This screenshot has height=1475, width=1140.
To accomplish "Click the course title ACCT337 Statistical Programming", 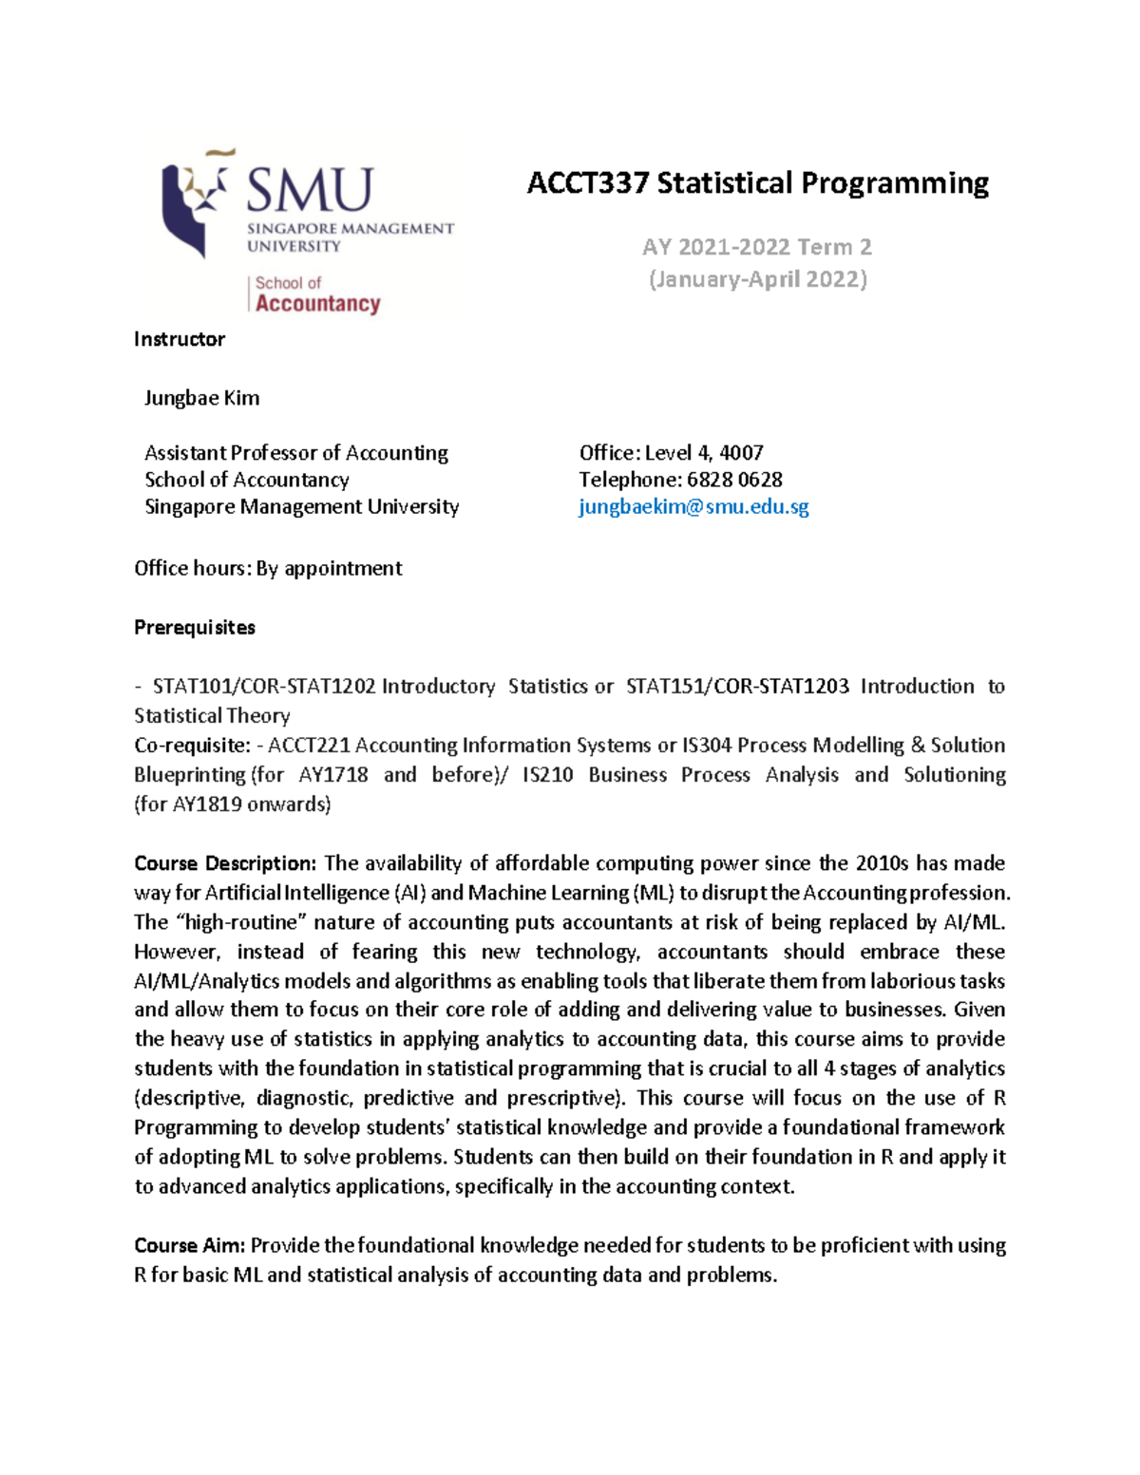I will pyautogui.click(x=757, y=182).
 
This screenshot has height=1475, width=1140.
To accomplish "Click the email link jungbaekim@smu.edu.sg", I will pyautogui.click(x=693, y=506).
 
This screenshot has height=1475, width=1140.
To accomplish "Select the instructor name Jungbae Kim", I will pyautogui.click(x=201, y=398).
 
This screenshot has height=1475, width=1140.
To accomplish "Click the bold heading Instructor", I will pyautogui.click(x=180, y=339).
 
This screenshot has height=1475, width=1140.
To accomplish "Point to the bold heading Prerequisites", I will pyautogui.click(x=195, y=628).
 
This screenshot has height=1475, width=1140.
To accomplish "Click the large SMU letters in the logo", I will pyautogui.click(x=310, y=190).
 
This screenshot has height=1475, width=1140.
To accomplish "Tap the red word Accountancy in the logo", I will pyautogui.click(x=317, y=304).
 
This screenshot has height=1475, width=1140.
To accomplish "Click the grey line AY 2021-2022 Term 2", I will pyautogui.click(x=756, y=247).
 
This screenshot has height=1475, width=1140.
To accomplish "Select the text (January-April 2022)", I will pyautogui.click(x=757, y=279).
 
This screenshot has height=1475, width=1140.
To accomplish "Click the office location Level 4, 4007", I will pyautogui.click(x=704, y=453).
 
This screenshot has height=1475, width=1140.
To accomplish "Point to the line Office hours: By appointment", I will pyautogui.click(x=268, y=568).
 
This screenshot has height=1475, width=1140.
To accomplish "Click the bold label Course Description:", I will pyautogui.click(x=224, y=863).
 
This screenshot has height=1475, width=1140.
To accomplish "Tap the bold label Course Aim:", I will pyautogui.click(x=190, y=1245).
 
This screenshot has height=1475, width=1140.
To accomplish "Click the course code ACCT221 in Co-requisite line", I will pyautogui.click(x=309, y=746).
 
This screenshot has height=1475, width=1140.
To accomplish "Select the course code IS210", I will pyautogui.click(x=547, y=775).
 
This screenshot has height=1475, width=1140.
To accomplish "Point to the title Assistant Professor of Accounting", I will pyautogui.click(x=295, y=453).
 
